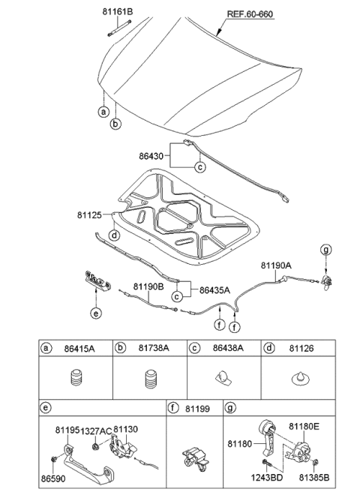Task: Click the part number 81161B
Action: click(118, 12)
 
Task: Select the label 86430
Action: click(153, 159)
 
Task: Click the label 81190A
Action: click(277, 265)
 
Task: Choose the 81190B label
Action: click(149, 286)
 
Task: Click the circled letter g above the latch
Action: click(325, 249)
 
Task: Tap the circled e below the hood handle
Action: click(95, 314)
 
